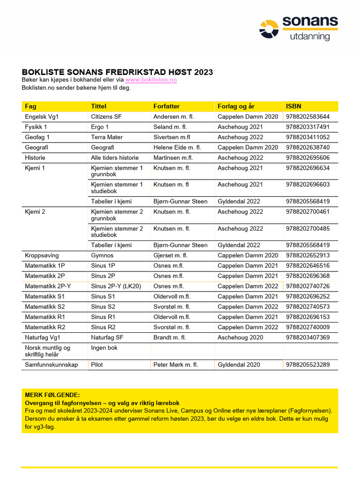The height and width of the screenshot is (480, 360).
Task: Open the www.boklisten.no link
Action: tap(151, 80)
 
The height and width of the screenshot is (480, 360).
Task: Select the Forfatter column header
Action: tap(166, 106)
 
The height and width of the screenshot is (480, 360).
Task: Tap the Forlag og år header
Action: tap(236, 106)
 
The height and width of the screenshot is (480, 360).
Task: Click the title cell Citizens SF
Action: tap(106, 117)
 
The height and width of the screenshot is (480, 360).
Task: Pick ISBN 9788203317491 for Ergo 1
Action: tap(307, 127)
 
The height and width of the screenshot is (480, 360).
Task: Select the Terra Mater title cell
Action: tap(107, 137)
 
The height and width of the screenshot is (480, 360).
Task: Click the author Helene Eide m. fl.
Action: tap(177, 148)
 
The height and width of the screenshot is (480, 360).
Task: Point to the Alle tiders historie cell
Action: tap(115, 158)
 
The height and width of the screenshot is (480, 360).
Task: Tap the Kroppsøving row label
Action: tap(42, 255)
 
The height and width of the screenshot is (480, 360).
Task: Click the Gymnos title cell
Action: tap(102, 255)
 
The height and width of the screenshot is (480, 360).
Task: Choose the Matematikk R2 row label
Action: tap(45, 328)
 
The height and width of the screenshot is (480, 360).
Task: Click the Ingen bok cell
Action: tap(104, 348)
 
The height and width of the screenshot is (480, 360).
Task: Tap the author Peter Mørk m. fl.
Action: tap(176, 365)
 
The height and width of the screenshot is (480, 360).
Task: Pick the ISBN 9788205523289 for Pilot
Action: tap(307, 365)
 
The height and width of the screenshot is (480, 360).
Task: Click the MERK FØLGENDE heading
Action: tap(52, 395)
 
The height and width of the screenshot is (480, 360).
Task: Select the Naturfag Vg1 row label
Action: tap(43, 338)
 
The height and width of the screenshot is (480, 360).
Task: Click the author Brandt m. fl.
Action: tap(170, 338)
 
